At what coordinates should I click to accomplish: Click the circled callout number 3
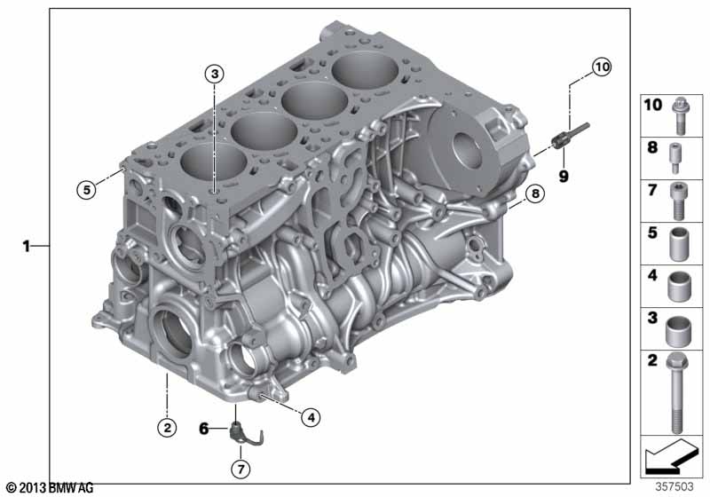pyautogui.click(x=215, y=74)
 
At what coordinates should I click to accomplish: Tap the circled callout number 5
pyautogui.click(x=86, y=189)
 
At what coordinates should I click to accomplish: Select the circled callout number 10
pyautogui.click(x=602, y=67)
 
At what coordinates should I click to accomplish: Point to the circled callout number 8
pyautogui.click(x=535, y=193)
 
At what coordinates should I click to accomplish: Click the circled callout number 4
pyautogui.click(x=312, y=417)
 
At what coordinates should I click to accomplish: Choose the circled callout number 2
pyautogui.click(x=167, y=427)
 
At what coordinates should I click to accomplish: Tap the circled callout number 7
pyautogui.click(x=241, y=469)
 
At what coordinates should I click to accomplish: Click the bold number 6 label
pyautogui.click(x=204, y=428)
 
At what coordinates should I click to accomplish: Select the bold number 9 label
pyautogui.click(x=564, y=176)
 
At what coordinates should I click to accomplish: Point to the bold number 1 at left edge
pyautogui.click(x=27, y=246)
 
